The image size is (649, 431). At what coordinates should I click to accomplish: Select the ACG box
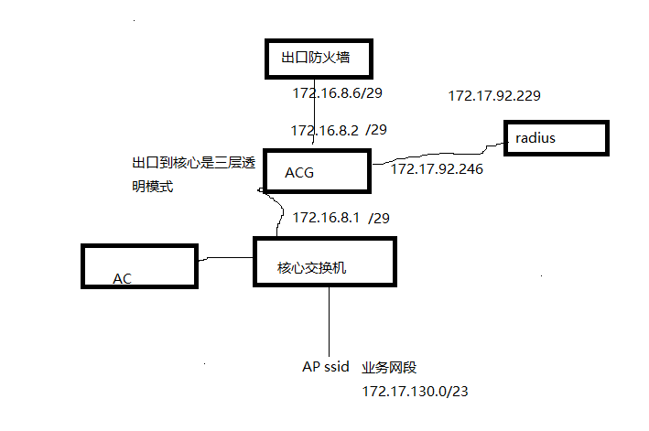click(x=317, y=171)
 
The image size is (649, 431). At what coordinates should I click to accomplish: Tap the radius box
click(x=556, y=137)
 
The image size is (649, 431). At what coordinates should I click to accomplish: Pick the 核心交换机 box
click(x=324, y=267)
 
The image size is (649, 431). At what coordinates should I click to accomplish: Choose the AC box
click(x=139, y=266)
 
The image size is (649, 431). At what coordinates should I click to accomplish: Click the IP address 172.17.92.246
click(x=438, y=168)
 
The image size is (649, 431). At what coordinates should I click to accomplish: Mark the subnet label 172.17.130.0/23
click(x=416, y=391)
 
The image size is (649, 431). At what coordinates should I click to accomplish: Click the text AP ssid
click(x=326, y=366)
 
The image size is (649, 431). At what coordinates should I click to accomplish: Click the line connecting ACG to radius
click(x=439, y=154)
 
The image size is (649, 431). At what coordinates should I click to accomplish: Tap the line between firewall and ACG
click(x=315, y=110)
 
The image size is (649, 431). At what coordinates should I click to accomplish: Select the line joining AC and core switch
click(x=225, y=261)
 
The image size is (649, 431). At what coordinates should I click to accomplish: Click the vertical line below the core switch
click(x=329, y=320)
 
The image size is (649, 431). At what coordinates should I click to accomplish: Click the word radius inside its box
click(x=535, y=138)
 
